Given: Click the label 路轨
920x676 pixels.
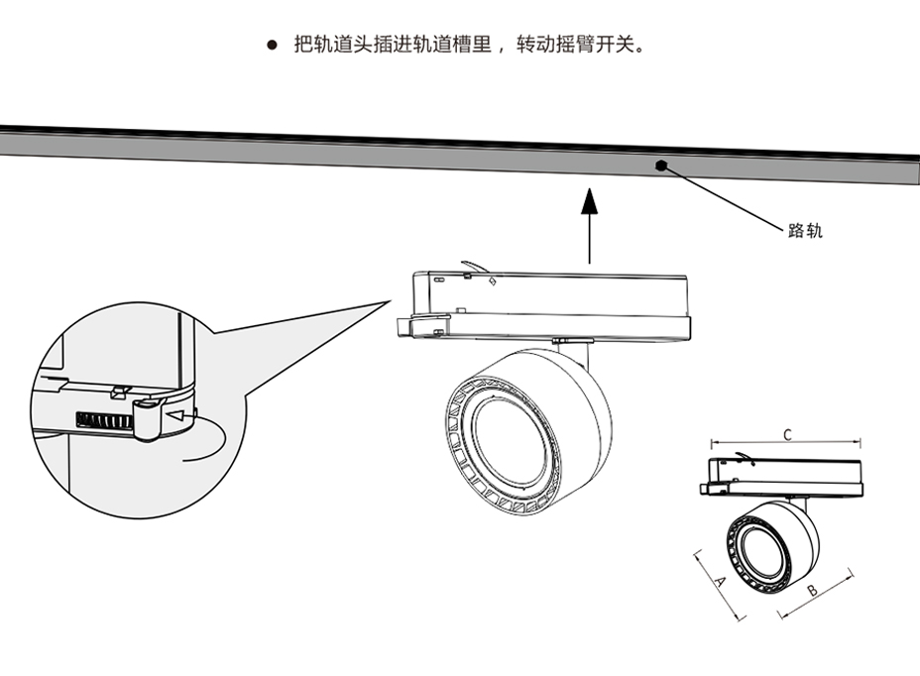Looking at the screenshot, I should (x=805, y=231).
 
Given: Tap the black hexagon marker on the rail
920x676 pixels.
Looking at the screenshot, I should (x=660, y=165).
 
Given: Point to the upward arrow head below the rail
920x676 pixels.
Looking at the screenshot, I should (x=589, y=201).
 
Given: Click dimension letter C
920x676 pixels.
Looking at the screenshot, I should (x=787, y=434).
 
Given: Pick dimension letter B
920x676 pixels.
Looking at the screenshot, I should (x=811, y=592).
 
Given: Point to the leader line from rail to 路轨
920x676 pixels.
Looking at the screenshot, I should (x=724, y=199).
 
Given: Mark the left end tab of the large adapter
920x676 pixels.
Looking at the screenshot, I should (x=406, y=327).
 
